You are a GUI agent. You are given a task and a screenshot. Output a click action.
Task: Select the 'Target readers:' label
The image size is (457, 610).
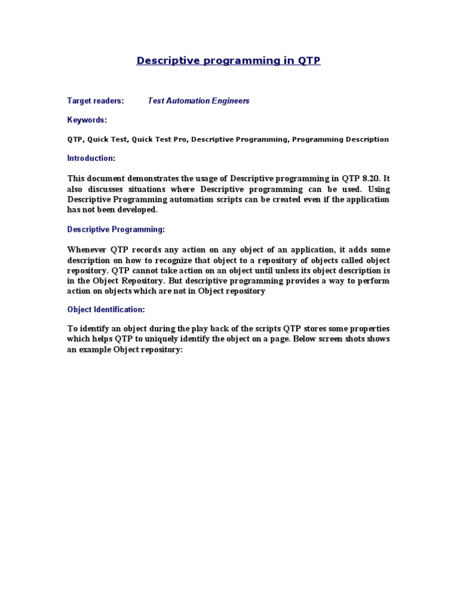pos(95,101)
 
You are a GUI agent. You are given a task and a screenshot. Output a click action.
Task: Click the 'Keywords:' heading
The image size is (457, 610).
pos(87,120)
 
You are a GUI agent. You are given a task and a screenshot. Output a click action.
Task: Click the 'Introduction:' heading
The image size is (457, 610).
pos(91,158)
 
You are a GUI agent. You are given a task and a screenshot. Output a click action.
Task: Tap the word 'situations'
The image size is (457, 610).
pos(153,189)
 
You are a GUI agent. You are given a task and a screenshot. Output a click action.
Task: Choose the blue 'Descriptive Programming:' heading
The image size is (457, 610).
pos(116,229)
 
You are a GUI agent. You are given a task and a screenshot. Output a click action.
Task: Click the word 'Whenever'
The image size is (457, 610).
pos(86,250)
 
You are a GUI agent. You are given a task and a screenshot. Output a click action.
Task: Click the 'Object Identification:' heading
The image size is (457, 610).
pos(106,310)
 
